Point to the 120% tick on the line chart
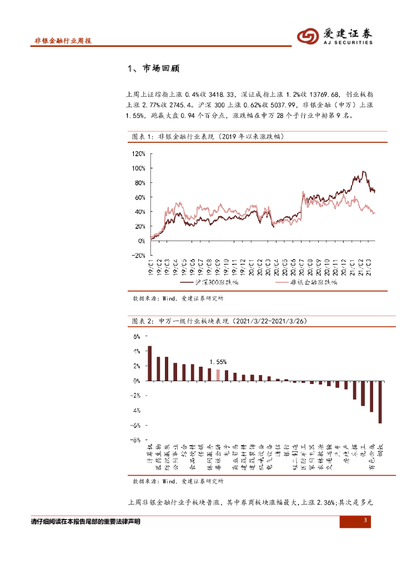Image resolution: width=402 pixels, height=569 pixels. (138, 153)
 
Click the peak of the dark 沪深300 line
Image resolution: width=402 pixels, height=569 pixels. (364, 172)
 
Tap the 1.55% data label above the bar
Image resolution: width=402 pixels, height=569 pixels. (218, 362)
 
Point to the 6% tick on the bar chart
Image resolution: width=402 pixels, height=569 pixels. (137, 337)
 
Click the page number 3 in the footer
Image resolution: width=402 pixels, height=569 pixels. (365, 521)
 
